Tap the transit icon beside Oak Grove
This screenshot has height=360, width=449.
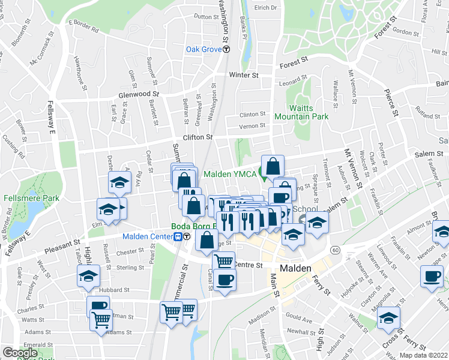click(225, 50)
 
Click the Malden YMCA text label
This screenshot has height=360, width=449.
click(230, 175)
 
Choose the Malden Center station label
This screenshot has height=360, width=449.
click(148, 236)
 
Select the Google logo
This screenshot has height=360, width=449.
click(19, 353)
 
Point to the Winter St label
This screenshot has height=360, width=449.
click(243, 76)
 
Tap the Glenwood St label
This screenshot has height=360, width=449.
click(139, 94)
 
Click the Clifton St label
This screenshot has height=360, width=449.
click(197, 137)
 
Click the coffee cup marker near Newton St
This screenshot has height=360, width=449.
click(432, 277)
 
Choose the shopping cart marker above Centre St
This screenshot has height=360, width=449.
click(223, 260)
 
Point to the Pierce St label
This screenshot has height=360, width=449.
click(391, 103)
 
